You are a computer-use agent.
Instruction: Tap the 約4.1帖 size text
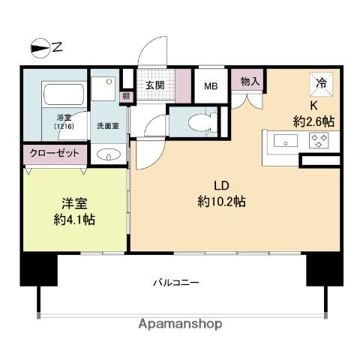click(74, 220)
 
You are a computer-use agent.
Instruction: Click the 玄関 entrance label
click(155, 85)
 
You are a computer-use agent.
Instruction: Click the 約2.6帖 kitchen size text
click(313, 121)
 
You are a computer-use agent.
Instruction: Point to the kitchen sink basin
click(285, 140)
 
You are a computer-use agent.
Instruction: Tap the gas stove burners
click(318, 140)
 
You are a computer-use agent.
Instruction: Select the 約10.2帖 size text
click(220, 202)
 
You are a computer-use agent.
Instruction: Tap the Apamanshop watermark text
click(180, 324)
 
